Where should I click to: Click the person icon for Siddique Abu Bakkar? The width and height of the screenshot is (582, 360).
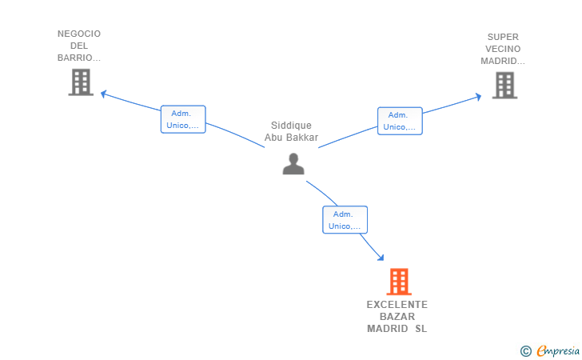click(x=293, y=163)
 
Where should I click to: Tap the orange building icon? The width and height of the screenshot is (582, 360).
click(x=398, y=282)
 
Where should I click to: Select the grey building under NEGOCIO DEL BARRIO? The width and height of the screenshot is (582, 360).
click(x=81, y=82)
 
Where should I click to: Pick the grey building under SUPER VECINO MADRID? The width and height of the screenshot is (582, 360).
click(x=504, y=85)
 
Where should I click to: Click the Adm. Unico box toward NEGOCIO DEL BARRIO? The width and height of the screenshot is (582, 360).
click(x=183, y=119)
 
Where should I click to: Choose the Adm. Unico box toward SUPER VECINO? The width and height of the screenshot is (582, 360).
click(x=400, y=121)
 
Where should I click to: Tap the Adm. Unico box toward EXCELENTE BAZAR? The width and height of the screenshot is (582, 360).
click(x=345, y=220)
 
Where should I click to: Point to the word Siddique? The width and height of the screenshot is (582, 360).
click(x=291, y=126)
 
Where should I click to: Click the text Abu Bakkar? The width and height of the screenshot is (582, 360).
click(x=291, y=138)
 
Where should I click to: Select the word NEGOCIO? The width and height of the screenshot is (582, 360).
click(x=79, y=34)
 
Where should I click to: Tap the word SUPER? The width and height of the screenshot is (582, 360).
click(x=503, y=37)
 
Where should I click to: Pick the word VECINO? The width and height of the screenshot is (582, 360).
click(x=503, y=49)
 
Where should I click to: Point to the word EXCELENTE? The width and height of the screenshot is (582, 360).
click(x=397, y=305)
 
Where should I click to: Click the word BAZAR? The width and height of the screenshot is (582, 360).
click(x=397, y=317)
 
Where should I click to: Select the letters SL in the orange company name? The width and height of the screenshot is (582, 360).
click(x=421, y=329)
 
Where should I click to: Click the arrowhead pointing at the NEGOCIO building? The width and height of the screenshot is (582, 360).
click(x=102, y=94)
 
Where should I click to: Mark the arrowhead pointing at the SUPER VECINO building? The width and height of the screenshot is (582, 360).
click(x=478, y=97)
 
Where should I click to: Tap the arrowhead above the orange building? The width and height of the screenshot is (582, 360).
click(x=381, y=258)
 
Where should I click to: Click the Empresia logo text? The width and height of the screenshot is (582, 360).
click(x=557, y=350)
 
